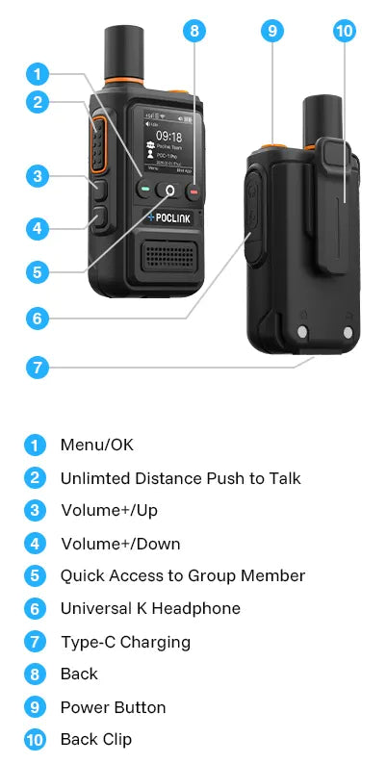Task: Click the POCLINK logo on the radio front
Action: click(171, 216)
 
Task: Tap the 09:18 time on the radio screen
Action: click(168, 137)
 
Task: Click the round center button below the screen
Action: click(171, 191)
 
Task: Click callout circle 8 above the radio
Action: click(195, 30)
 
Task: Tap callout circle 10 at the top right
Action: click(344, 30)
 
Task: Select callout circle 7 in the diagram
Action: click(37, 367)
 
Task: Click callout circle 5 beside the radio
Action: click(37, 271)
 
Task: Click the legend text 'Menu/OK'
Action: click(97, 445)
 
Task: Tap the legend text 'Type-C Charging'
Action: click(125, 642)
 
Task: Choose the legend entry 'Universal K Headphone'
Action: click(150, 608)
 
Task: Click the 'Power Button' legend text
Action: click(113, 707)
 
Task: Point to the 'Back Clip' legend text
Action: click(96, 739)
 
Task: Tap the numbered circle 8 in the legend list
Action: click(35, 675)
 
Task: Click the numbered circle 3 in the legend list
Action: click(35, 511)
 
